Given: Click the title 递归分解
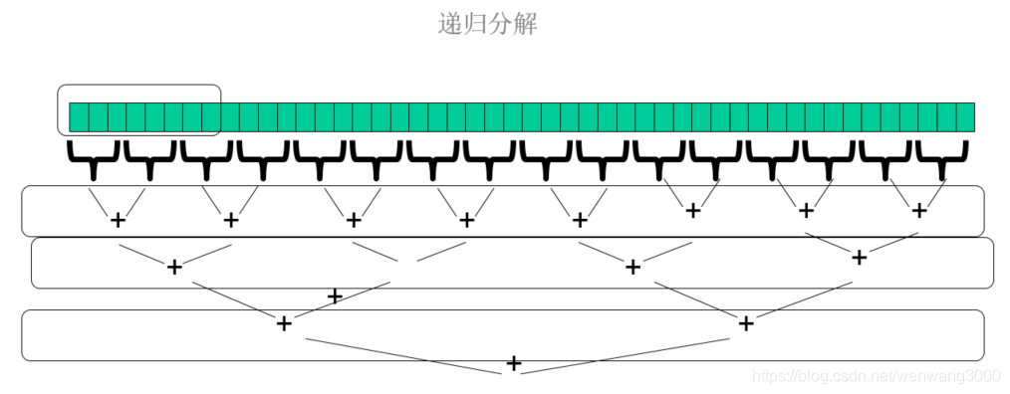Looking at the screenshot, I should coord(488,25).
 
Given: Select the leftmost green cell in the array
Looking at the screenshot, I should coord(78,116).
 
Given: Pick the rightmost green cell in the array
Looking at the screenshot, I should coord(964,116).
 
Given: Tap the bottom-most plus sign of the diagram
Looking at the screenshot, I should coord(513,363).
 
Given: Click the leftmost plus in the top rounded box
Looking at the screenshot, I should coord(118,220).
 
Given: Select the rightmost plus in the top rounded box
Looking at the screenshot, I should coord(918,210).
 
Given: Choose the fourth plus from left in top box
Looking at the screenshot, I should coord(466,220).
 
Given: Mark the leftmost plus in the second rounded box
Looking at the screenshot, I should coord(174,267).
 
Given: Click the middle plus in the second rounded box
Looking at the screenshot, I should coord(631,267).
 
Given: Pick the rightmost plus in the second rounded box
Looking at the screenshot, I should coord(859,258).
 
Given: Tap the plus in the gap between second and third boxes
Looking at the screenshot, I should coord(335,296).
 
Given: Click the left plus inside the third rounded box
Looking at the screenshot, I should coord(284,323).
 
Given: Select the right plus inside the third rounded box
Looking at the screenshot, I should coord(746,323).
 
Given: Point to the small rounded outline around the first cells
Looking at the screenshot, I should coord(139,87).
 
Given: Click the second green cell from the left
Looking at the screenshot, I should coord(98,116).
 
